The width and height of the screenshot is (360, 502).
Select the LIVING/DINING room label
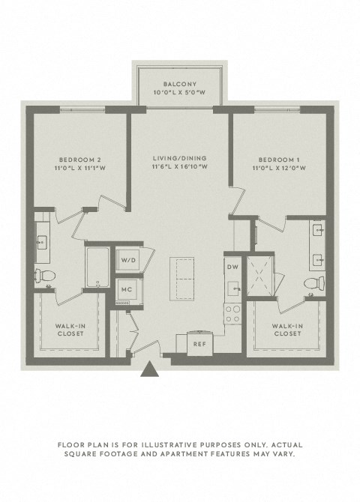coord(179,159)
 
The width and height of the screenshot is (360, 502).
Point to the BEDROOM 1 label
coord(282,159)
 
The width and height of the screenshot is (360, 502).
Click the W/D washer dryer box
coord(127,260)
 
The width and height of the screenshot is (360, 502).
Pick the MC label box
coord(127,289)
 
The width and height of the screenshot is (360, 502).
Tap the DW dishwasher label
coord(233,266)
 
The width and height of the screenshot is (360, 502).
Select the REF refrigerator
coord(199,344)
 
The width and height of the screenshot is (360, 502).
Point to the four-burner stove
coord(233,313)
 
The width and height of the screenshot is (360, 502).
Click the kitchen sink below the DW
coord(233,288)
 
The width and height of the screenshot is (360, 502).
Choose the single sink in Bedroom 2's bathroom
coord(42,241)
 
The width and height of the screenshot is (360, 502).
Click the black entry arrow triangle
coord(150,369)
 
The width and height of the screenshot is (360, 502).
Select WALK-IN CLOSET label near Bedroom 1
coord(287,330)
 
